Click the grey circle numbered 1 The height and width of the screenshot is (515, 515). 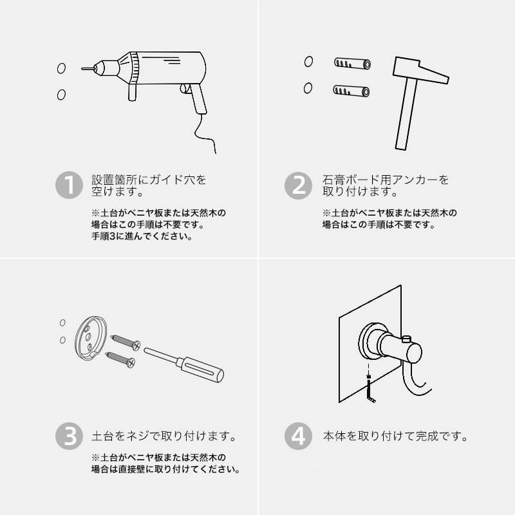[x=69, y=185]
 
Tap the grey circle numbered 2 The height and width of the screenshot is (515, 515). [x=298, y=185]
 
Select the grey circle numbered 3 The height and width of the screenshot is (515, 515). [x=69, y=436]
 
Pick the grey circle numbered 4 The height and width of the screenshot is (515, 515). [x=298, y=436]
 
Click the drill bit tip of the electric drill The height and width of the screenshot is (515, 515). [x=82, y=69]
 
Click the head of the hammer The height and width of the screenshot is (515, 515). [x=421, y=70]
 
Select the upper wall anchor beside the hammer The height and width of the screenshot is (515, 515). [x=352, y=63]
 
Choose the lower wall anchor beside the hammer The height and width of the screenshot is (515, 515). [x=351, y=91]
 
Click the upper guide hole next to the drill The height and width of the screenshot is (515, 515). [x=61, y=68]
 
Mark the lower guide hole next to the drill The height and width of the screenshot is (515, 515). [x=61, y=95]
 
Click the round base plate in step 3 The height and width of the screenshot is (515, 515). [x=90, y=337]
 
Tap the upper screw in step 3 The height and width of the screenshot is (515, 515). [x=126, y=342]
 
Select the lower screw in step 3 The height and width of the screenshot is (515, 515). [x=120, y=359]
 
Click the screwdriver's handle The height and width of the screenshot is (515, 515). [x=200, y=369]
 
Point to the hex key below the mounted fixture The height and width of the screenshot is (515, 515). [x=370, y=390]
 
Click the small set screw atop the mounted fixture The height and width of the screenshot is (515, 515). [x=407, y=339]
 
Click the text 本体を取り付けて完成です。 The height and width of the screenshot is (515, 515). [x=395, y=436]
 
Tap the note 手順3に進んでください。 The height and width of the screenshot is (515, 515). [x=142, y=236]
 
